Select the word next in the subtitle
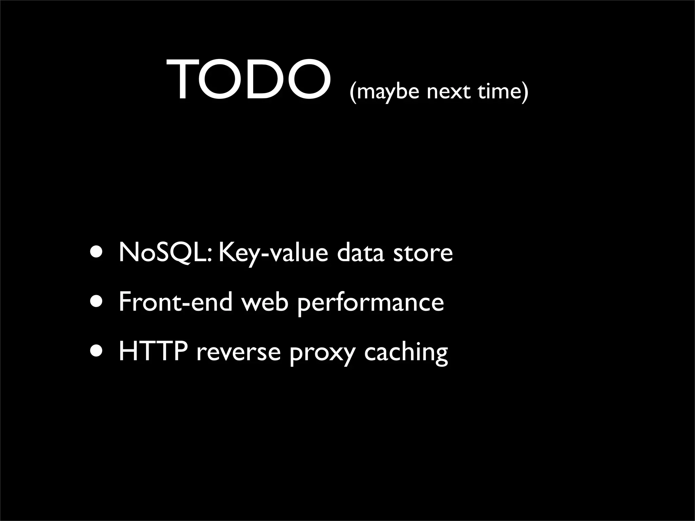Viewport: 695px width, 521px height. (x=449, y=92)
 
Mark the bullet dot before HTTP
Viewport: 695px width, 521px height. (x=97, y=352)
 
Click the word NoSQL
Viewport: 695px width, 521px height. (x=166, y=253)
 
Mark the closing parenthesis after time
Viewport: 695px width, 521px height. (x=525, y=92)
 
